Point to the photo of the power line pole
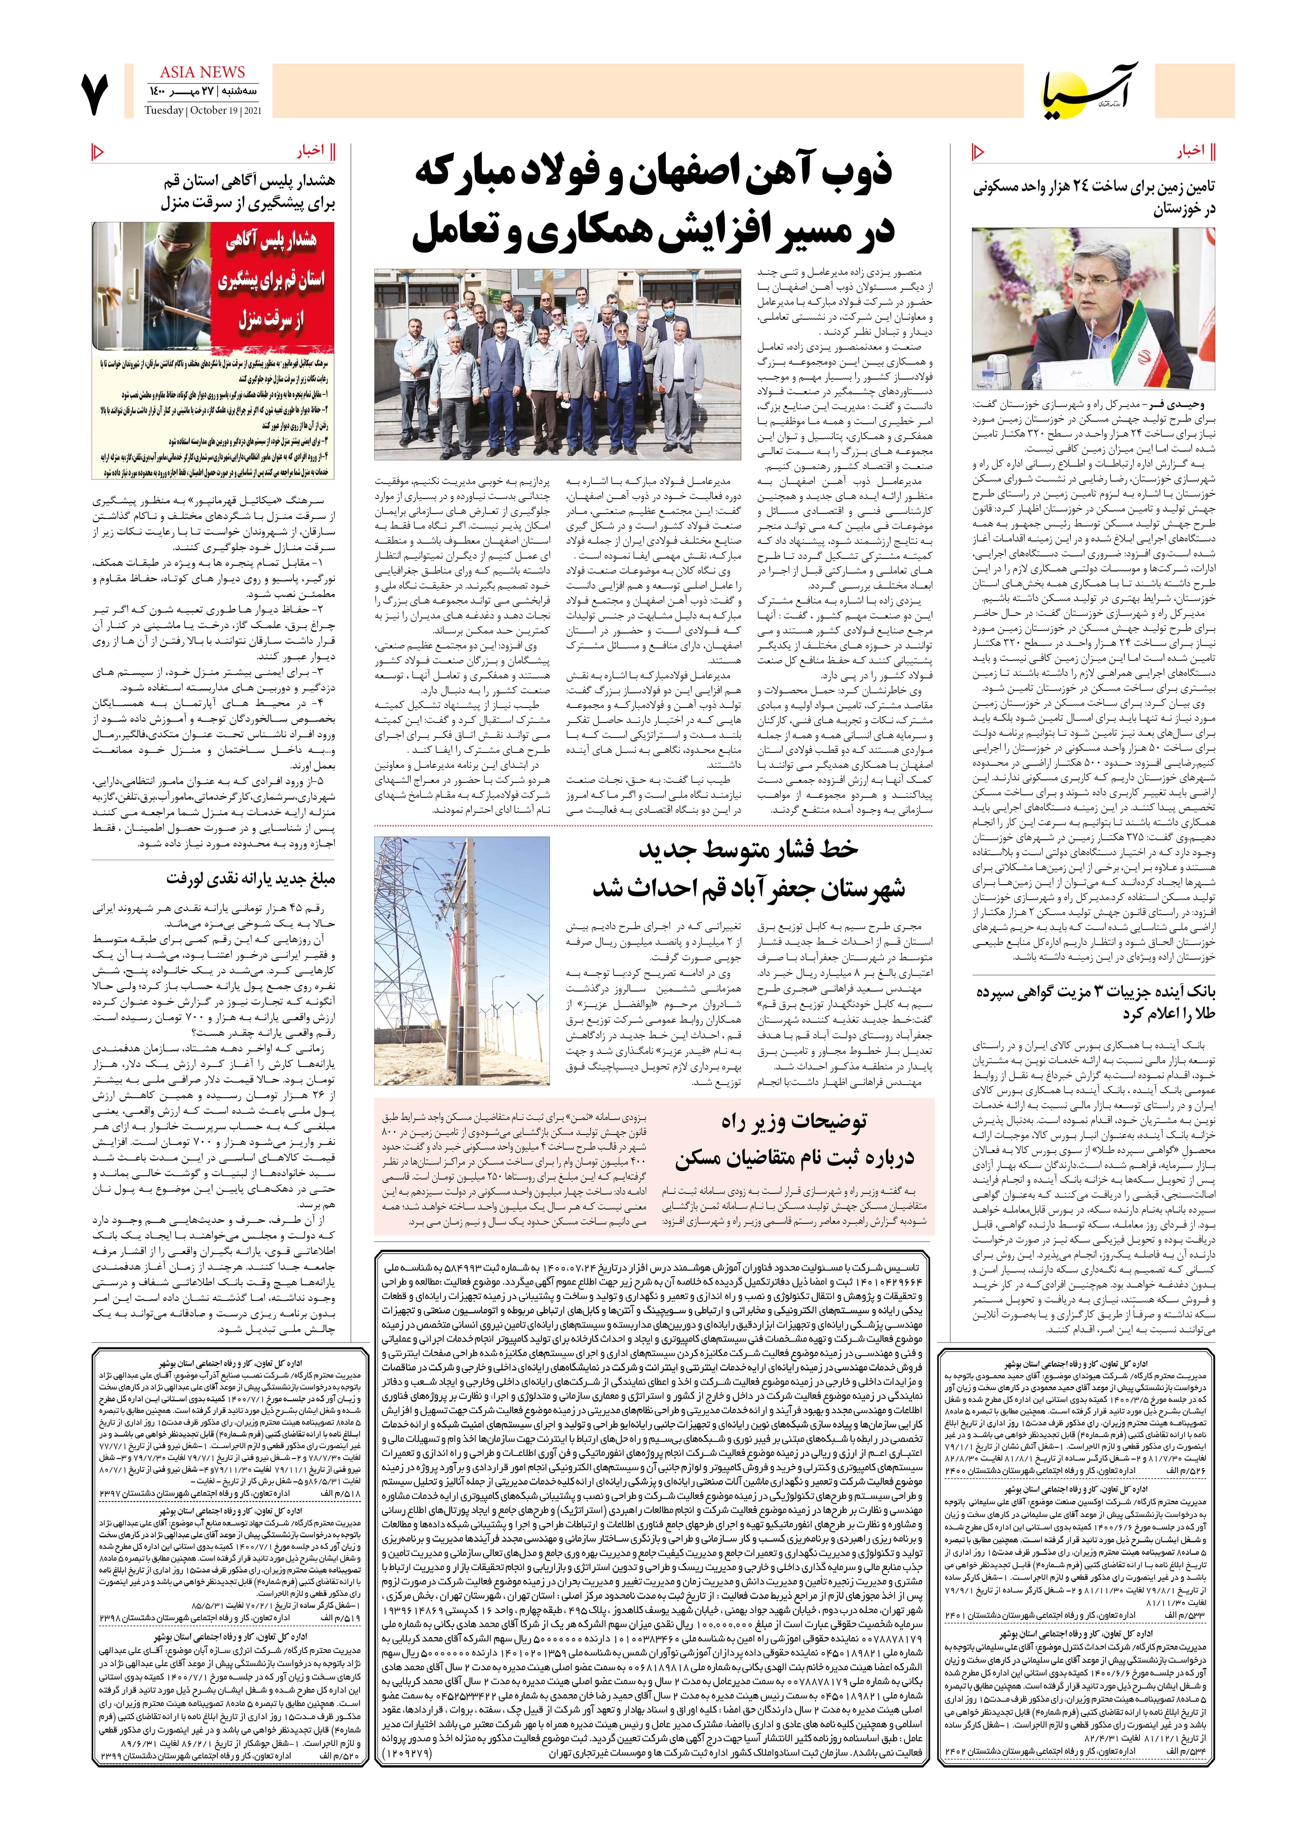pyautogui.click(x=462, y=962)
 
